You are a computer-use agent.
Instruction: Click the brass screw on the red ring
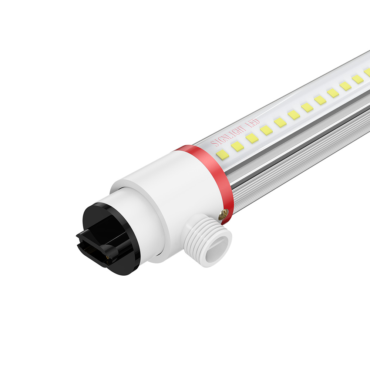(223, 213)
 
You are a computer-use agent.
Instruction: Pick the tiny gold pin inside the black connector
(107, 256)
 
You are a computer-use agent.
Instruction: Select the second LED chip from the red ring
(238, 146)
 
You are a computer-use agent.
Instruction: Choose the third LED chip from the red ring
(252, 138)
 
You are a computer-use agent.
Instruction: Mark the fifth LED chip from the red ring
(280, 122)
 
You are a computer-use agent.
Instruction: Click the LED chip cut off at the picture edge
(367, 72)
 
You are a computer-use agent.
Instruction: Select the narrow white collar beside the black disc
(148, 222)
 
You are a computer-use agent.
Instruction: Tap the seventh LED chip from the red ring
(307, 107)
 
